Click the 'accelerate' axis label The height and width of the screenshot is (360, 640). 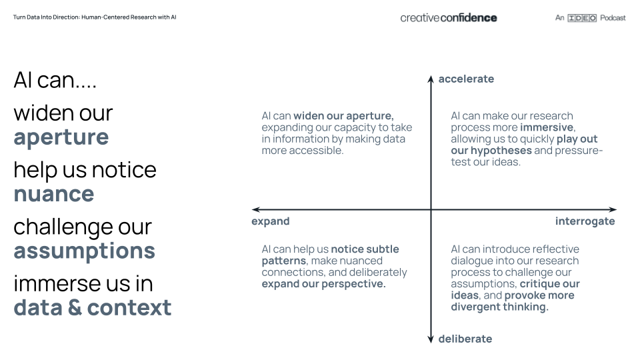point(466,79)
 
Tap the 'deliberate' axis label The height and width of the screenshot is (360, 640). point(465,339)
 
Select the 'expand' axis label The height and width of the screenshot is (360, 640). point(270,221)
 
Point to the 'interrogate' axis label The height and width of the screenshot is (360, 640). point(585,221)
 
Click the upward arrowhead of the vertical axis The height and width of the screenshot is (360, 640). point(431,79)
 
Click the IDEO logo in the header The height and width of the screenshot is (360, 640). point(582,18)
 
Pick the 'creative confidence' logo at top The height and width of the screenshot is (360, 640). point(448,18)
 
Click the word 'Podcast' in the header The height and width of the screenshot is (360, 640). point(613,18)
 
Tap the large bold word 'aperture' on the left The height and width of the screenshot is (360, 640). point(61,137)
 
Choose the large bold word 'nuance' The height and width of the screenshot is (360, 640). point(53,194)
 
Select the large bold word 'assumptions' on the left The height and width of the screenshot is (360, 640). point(84,251)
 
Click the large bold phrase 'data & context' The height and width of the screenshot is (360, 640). point(92,307)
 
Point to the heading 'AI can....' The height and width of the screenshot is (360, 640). point(55,80)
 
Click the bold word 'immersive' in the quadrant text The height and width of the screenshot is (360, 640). point(546,127)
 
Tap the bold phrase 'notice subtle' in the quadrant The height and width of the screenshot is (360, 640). point(365,249)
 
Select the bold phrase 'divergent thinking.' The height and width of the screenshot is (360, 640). point(499,307)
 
